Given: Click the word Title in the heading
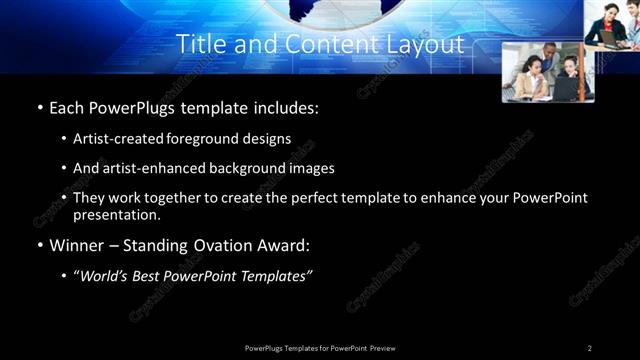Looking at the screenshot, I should coord(198,45).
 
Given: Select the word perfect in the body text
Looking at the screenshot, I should coord(319,198).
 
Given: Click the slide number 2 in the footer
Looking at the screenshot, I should coord(590,348).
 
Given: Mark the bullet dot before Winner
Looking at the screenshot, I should coord(39,245).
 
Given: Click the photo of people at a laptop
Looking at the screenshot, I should coord(547,72).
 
